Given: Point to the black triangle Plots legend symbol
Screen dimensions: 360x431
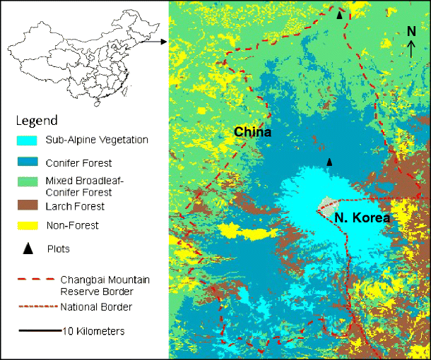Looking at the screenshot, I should point(28,248).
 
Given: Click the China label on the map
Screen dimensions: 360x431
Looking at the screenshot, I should point(252,132).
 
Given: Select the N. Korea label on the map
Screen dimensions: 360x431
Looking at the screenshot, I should point(362,218).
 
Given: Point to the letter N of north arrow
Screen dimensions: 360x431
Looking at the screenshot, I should point(411,32).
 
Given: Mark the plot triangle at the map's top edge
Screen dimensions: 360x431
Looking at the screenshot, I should point(341,13).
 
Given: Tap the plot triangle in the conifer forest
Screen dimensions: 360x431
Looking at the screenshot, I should point(329,162).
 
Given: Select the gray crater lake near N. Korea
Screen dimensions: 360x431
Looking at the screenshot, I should point(326,207).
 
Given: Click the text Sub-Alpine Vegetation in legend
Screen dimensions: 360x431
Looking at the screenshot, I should point(96,140).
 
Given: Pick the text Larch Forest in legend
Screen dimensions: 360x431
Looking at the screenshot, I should point(75,206).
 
